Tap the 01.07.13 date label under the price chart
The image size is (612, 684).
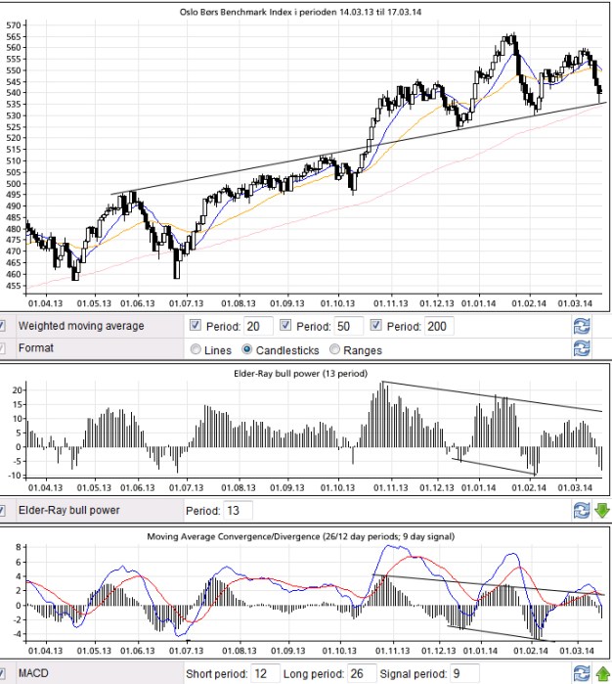click(186, 305)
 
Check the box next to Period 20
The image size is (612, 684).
click(196, 326)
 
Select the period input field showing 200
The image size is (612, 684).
click(439, 326)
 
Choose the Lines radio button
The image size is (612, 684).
click(197, 349)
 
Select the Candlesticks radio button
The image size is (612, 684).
click(247, 349)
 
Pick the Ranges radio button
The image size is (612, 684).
click(335, 349)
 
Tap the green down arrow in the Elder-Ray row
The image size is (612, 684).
click(601, 510)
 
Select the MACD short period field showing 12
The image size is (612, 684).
click(265, 674)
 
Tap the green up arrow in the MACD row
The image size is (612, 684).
click(601, 673)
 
